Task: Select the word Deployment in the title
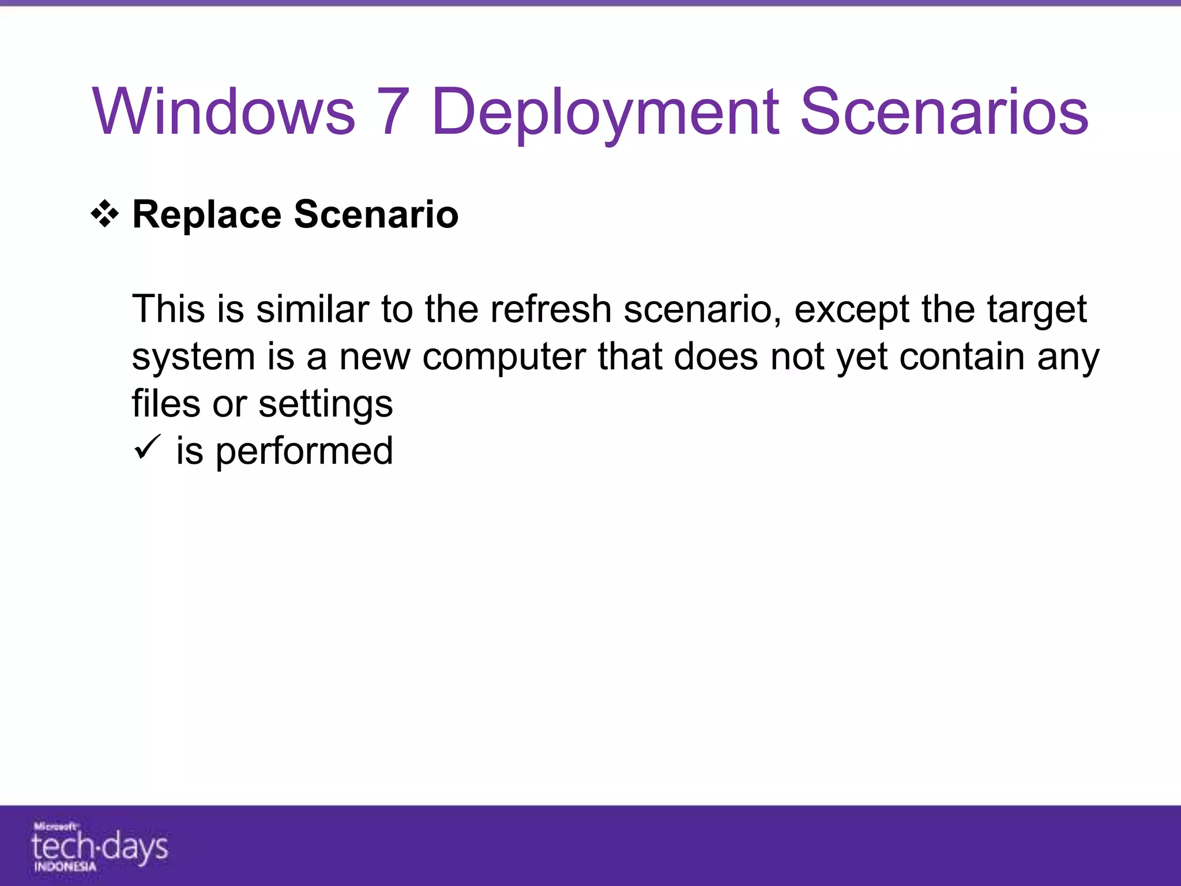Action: click(605, 112)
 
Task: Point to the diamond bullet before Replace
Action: click(105, 215)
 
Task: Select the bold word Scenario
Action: click(376, 214)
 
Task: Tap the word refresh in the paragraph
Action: click(551, 309)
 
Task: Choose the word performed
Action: click(304, 452)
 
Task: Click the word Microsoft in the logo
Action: click(55, 827)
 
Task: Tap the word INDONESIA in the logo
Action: click(65, 866)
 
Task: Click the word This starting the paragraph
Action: click(168, 309)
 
